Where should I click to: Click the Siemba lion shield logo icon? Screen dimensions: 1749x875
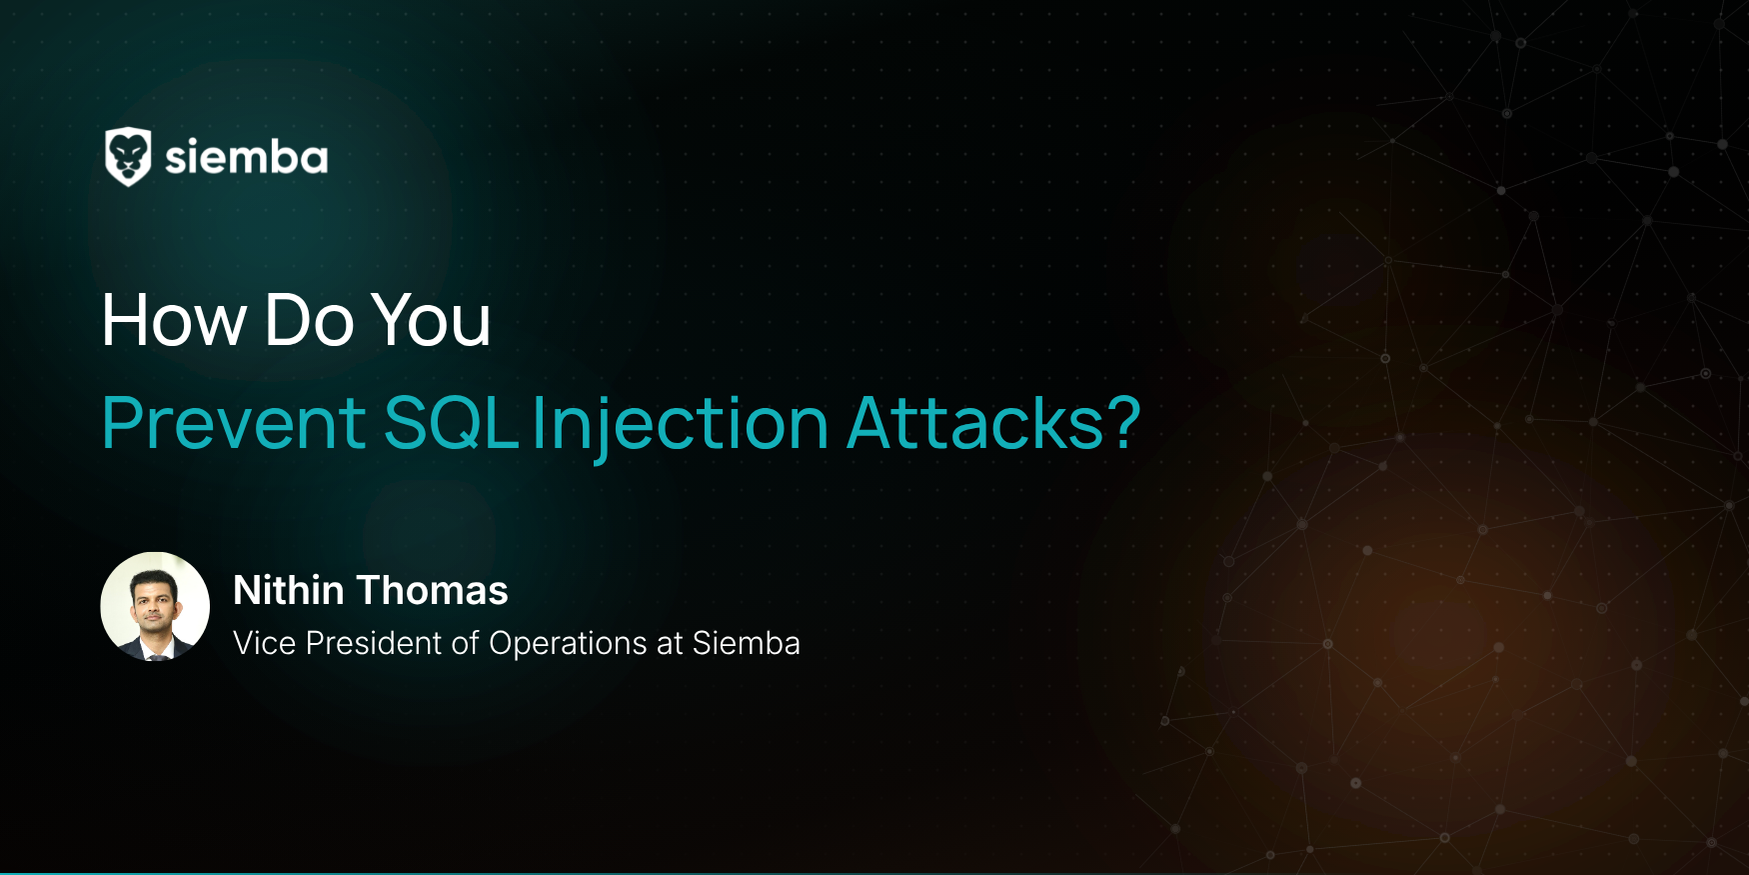[x=128, y=157]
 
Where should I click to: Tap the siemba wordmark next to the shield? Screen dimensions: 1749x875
[x=247, y=158]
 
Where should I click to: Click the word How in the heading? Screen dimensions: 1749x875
[x=175, y=321]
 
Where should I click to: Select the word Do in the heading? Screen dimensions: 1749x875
[x=309, y=321]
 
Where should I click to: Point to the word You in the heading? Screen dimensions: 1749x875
[x=431, y=321]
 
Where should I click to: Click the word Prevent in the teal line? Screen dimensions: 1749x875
[x=234, y=423]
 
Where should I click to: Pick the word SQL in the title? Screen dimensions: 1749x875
[x=451, y=423]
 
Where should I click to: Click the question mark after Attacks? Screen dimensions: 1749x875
[x=1124, y=422]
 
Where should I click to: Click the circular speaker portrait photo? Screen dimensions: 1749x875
[x=155, y=606]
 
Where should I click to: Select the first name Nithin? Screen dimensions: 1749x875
[x=289, y=590]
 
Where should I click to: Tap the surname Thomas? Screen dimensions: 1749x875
[x=433, y=590]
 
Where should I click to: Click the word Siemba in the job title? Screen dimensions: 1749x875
[x=747, y=643]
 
